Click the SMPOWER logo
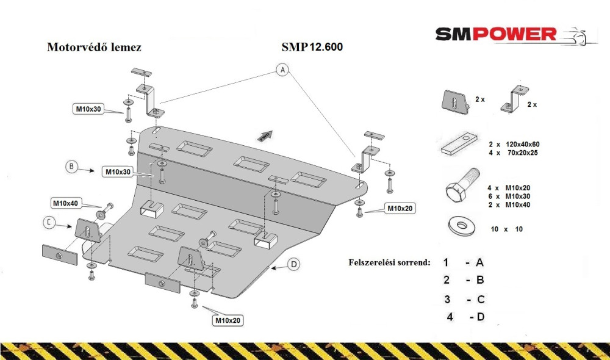(515, 35)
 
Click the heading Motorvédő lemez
(94, 47)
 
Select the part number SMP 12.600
(312, 47)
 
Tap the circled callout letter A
(283, 70)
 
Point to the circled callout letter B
(71, 167)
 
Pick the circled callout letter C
(49, 223)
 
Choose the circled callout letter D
(294, 265)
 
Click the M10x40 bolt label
(66, 203)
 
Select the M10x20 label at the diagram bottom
(228, 320)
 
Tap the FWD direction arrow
(265, 135)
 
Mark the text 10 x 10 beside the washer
(506, 229)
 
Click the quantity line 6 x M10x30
(509, 196)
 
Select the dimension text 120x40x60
(523, 145)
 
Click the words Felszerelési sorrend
(389, 262)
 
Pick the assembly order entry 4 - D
(465, 317)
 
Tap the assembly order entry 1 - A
(464, 263)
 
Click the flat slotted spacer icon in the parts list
(459, 143)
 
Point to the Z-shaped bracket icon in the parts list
(514, 99)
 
